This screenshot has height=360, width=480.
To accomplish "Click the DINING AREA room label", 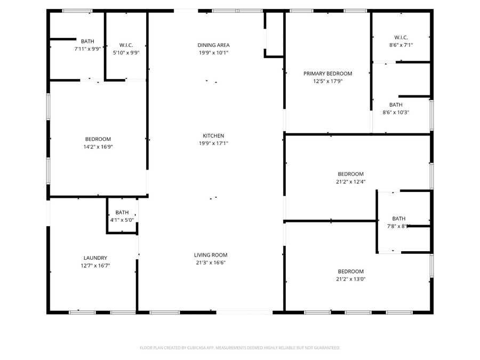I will click(213, 45).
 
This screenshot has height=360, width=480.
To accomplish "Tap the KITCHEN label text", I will click(213, 136).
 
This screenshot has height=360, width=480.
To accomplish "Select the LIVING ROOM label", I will click(211, 255).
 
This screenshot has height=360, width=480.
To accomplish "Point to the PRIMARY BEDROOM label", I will click(328, 74).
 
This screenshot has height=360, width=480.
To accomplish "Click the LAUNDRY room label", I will click(95, 258).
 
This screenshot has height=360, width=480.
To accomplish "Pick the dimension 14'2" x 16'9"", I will click(98, 147).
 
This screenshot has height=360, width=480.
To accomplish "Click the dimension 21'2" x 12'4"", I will click(350, 181).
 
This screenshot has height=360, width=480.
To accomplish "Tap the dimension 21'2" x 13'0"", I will click(350, 279).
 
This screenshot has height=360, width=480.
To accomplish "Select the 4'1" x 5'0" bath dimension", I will click(122, 220).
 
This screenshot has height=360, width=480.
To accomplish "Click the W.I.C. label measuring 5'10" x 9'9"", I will click(126, 45).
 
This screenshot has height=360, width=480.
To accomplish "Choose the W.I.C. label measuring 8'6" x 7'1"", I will click(401, 37).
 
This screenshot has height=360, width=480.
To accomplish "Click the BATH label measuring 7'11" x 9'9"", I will click(87, 41).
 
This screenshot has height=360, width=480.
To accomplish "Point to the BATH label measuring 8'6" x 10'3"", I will click(396, 105).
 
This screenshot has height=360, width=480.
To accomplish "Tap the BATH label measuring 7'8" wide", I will click(399, 219).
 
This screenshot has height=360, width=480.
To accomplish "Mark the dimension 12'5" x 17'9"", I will click(328, 81).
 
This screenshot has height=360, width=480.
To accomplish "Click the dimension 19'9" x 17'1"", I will click(213, 143).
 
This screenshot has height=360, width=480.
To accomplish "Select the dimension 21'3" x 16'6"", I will click(211, 262).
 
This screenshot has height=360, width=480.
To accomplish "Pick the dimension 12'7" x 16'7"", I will click(95, 265).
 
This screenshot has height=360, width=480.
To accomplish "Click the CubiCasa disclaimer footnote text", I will click(239, 348).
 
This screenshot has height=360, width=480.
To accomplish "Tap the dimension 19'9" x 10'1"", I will click(213, 52).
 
